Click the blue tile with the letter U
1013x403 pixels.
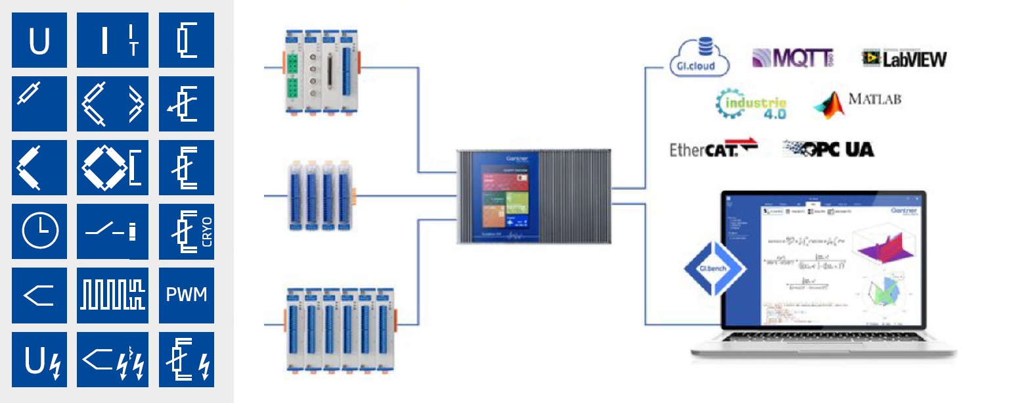(x=39, y=40)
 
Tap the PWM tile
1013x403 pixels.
(x=186, y=295)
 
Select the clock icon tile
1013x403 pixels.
(x=39, y=231)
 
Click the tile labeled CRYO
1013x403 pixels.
(x=186, y=231)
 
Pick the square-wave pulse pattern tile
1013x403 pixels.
(x=112, y=295)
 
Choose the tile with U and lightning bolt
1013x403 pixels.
(x=39, y=359)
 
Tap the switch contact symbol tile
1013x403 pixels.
(x=112, y=231)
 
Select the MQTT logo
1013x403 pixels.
(x=792, y=59)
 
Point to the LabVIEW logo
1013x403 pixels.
(x=905, y=59)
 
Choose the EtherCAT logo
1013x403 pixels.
(x=713, y=149)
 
